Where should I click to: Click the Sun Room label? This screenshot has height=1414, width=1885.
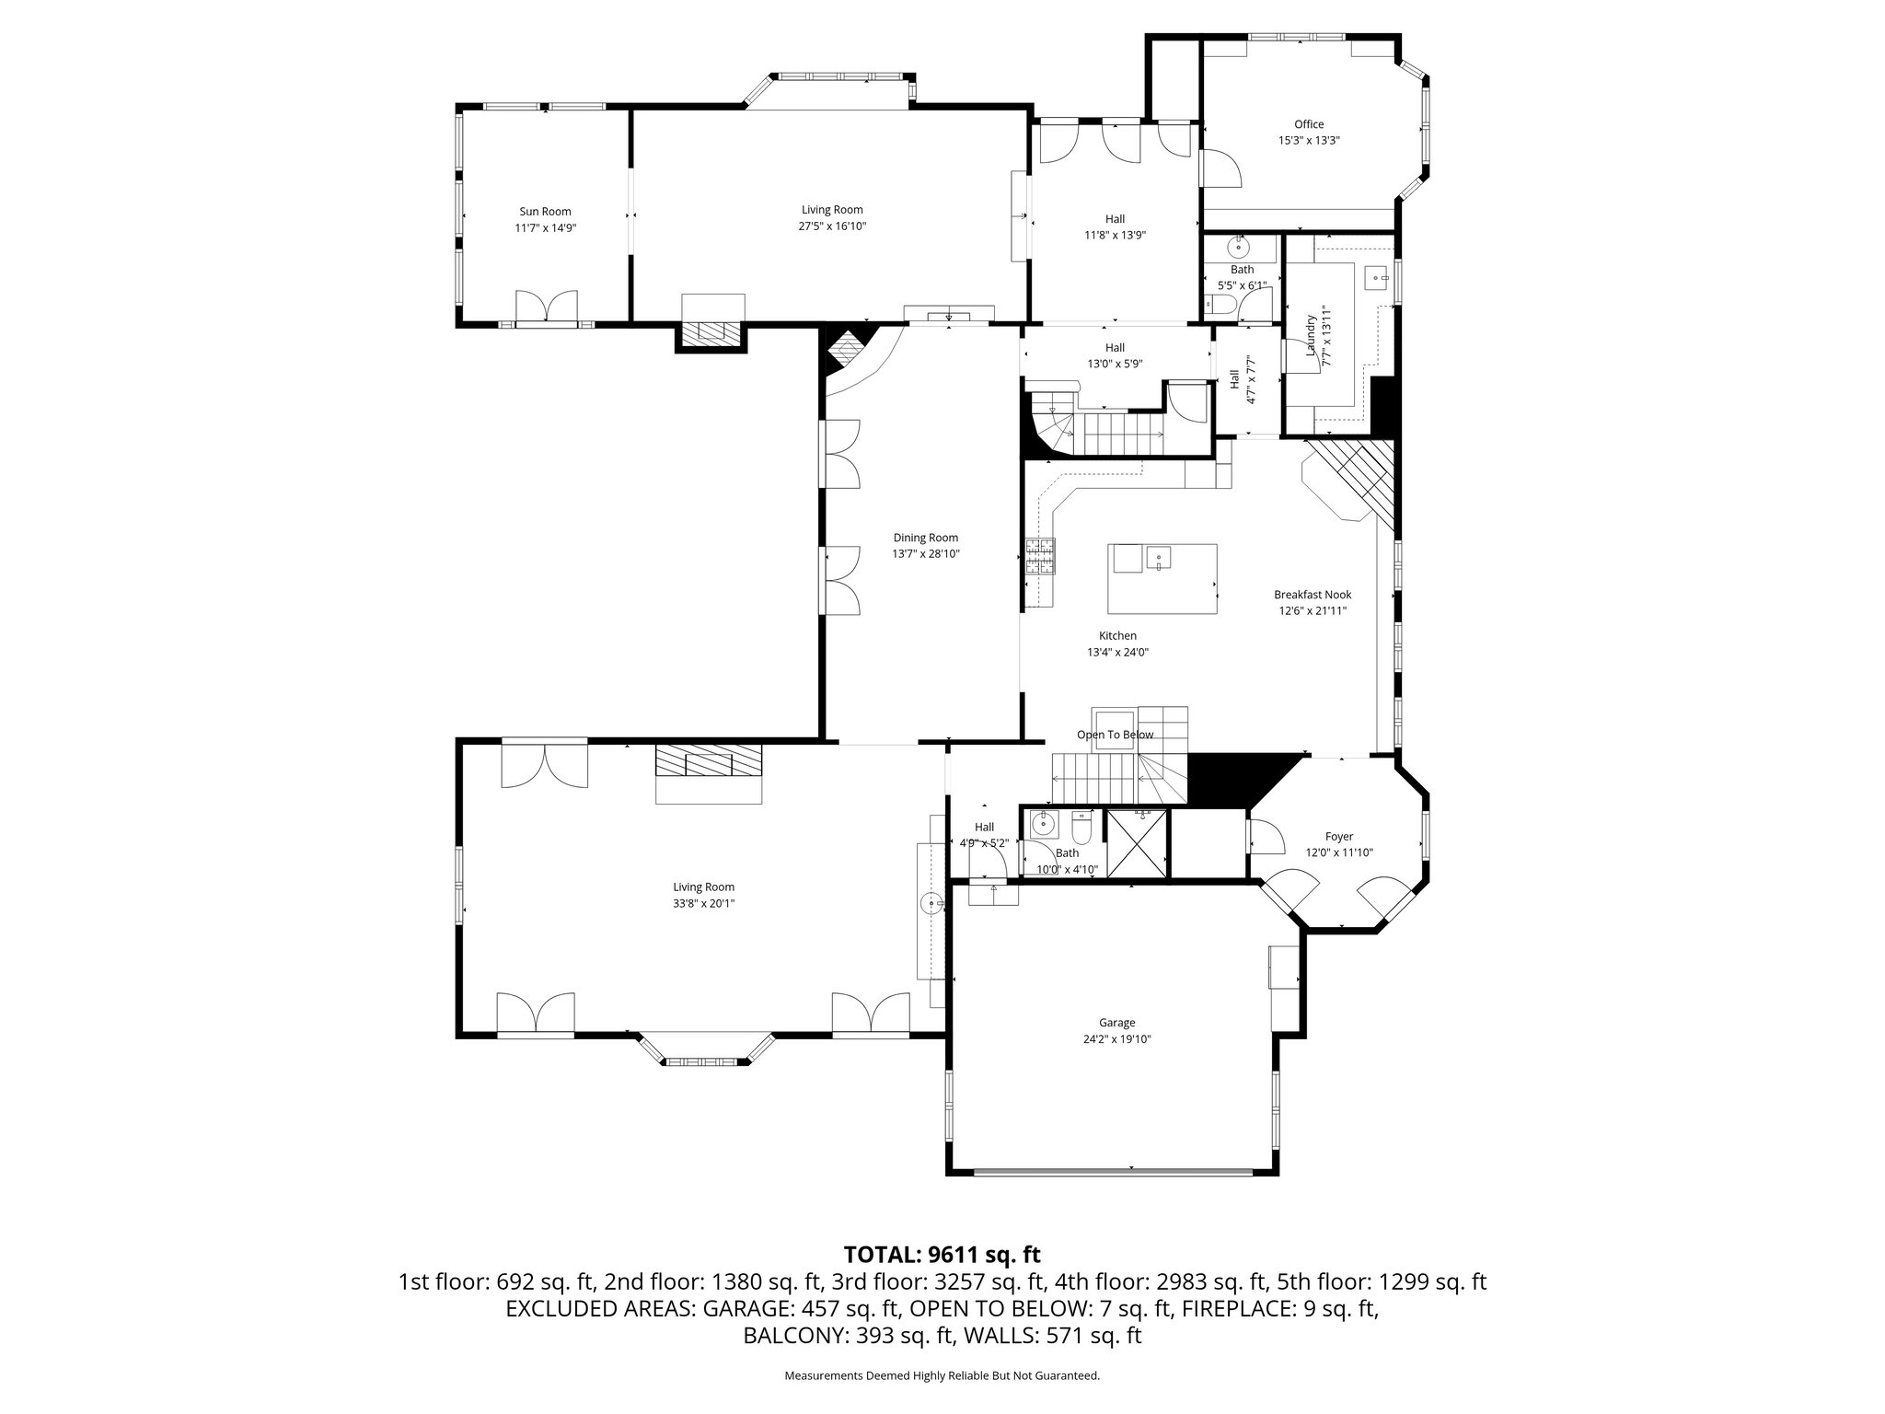[x=545, y=212]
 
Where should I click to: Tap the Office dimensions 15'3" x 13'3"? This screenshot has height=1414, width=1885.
[x=1308, y=141]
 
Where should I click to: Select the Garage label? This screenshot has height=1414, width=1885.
[x=1116, y=1022]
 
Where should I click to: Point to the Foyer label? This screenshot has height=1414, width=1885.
[x=1338, y=836]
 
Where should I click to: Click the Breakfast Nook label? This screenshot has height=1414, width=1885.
[x=1312, y=595]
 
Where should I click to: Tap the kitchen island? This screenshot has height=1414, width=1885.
[x=1162, y=579]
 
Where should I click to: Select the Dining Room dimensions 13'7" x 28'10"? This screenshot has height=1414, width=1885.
[x=925, y=554]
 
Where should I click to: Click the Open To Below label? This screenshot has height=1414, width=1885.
[x=1115, y=735]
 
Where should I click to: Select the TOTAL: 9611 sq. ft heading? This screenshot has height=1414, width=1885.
[x=942, y=1254]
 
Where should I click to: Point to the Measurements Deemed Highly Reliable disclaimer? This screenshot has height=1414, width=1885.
[x=942, y=1376]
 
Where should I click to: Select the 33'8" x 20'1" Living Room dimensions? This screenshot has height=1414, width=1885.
[x=703, y=903]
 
